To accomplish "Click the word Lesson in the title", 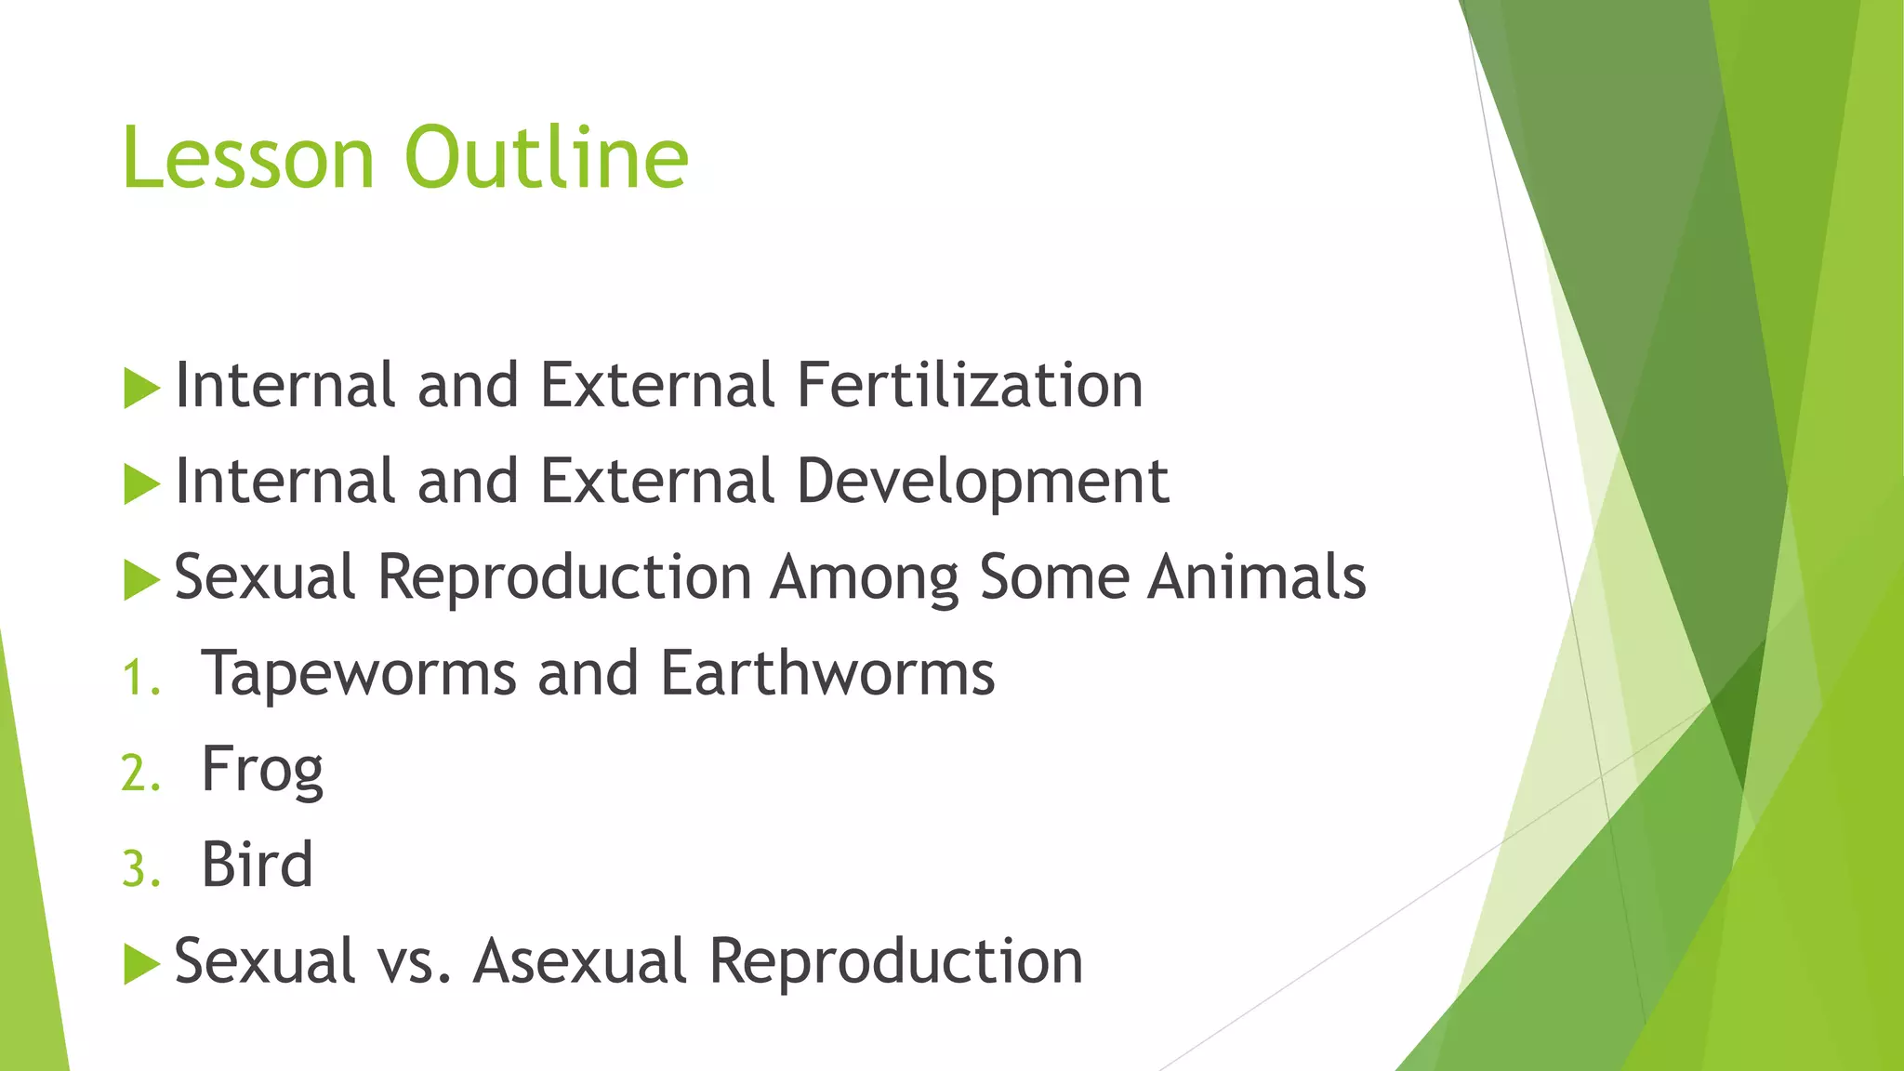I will pos(247,157).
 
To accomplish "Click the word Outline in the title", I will pos(547,157).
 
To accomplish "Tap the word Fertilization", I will pos(970,385).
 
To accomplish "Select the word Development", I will pos(983,482).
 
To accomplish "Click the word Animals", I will pos(1256,577).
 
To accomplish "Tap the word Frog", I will pos(262,771).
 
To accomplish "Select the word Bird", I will pos(257,866).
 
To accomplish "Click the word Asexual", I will pos(579,960).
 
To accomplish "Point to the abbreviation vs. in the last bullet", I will pos(415,962).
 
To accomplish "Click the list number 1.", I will pos(140,678).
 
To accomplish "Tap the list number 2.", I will pos(140,774).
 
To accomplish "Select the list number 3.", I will pos(140,870).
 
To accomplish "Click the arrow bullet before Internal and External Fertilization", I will pos(141,388).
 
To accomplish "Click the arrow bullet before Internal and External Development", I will pos(141,484).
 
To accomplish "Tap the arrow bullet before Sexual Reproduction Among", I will pos(141,580).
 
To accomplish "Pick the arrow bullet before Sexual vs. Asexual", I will pos(141,964).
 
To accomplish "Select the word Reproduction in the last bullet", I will pos(895,960).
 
